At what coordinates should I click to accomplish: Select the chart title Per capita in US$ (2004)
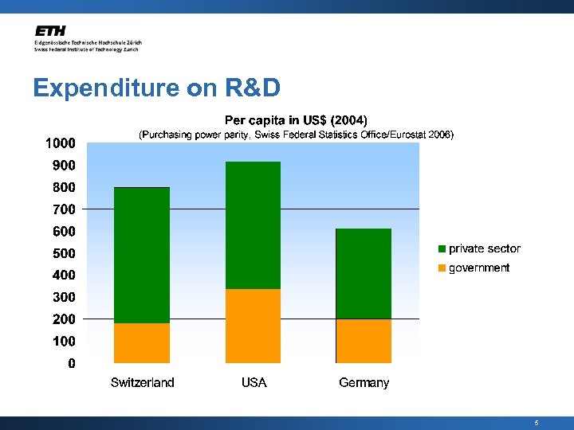point(296,120)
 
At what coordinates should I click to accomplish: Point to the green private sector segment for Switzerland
point(142,255)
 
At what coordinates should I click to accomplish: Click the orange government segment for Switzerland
point(142,343)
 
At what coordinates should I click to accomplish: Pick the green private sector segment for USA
point(254,225)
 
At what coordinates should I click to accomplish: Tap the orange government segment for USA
point(254,326)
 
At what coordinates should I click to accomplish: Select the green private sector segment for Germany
point(364,274)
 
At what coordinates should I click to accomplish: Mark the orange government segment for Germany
point(364,341)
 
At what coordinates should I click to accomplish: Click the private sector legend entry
point(479,248)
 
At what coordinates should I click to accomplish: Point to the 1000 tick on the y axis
point(60,143)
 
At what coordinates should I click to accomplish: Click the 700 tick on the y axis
point(63,209)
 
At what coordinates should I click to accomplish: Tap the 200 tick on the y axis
point(63,319)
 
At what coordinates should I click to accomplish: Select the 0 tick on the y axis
point(72,364)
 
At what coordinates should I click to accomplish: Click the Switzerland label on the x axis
point(142,383)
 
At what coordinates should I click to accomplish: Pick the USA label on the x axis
point(254,383)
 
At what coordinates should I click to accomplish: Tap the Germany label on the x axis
point(364,383)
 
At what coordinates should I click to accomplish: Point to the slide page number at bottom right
point(537,423)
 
